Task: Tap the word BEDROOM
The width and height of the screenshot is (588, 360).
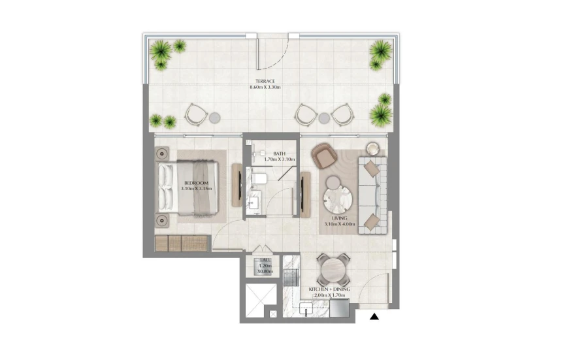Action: [x=196, y=182]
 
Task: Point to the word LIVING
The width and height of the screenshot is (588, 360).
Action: [x=339, y=218]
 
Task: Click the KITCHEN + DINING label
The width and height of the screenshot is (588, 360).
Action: [x=331, y=288]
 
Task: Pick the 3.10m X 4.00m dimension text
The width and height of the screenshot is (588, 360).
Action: [x=339, y=224]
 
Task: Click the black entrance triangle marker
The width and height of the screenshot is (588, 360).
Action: [x=374, y=318]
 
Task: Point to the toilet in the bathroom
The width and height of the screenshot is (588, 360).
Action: [x=259, y=178]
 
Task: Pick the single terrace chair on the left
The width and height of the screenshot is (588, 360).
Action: [x=195, y=114]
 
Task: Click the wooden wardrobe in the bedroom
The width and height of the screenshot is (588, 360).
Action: [x=181, y=243]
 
